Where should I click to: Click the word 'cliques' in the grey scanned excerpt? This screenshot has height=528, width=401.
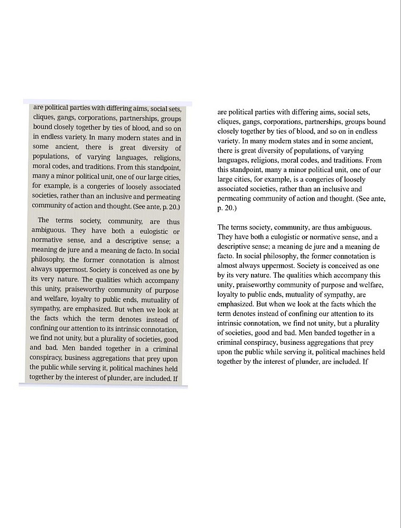tap(43, 118)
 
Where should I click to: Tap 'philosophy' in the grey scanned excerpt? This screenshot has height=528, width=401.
tap(48, 260)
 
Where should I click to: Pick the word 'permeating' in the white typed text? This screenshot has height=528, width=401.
tap(236, 199)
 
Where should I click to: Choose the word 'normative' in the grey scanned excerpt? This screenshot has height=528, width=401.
tap(46, 241)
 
